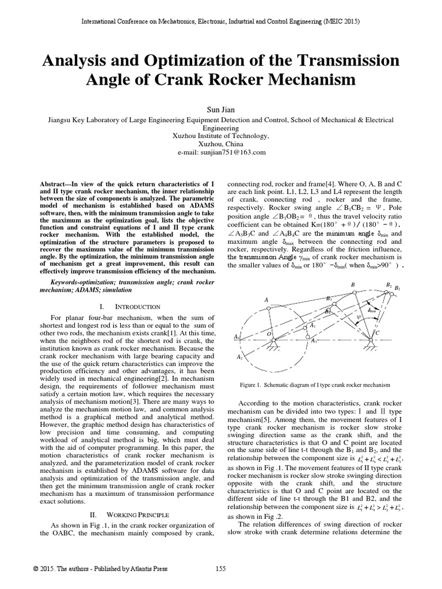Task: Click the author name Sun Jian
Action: (x=220, y=108)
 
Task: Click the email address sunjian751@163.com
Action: (x=220, y=152)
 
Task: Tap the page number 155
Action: (x=220, y=569)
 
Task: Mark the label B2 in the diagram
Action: (x=388, y=285)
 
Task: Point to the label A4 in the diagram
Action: (x=237, y=336)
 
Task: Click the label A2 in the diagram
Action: (x=239, y=357)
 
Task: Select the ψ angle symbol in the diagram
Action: (x=360, y=316)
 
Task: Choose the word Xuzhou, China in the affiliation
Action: (x=220, y=144)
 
